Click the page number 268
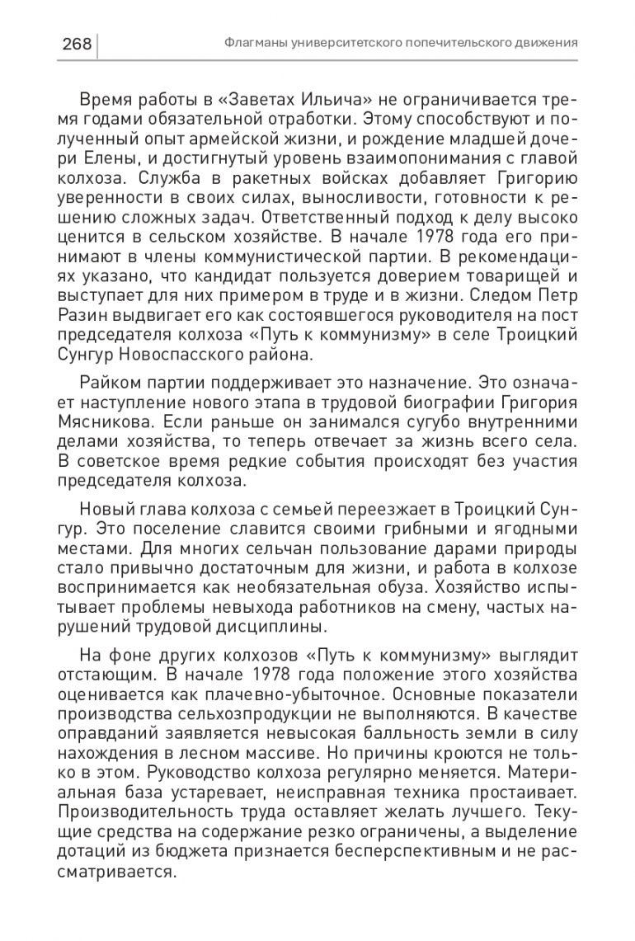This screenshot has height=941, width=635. [76, 44]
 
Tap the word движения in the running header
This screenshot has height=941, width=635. [543, 43]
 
